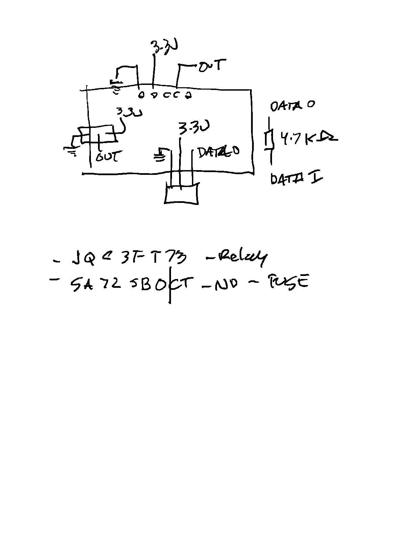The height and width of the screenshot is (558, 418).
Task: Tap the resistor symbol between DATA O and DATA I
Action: [269, 140]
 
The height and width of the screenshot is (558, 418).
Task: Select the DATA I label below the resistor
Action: [296, 179]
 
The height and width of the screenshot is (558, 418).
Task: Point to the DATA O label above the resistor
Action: [292, 106]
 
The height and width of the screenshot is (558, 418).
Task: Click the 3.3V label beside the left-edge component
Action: [129, 113]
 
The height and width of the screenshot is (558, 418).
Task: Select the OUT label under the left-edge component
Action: [108, 157]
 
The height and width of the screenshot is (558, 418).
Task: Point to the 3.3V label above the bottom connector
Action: [194, 128]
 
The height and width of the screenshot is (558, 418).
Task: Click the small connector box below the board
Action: [181, 194]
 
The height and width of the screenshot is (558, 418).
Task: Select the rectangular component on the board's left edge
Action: [98, 135]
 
